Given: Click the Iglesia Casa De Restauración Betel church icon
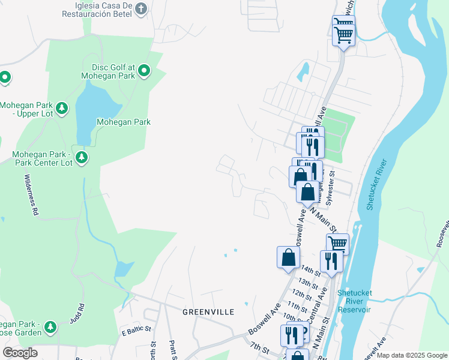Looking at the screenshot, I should (141, 8).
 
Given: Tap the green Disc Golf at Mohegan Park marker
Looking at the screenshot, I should (144, 72).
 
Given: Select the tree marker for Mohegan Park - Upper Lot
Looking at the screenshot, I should (62, 109).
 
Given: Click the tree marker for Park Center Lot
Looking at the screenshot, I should (82, 158).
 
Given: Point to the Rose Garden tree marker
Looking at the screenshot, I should (50, 328).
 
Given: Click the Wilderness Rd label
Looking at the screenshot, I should (31, 196).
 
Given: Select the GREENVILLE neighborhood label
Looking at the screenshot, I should (208, 313).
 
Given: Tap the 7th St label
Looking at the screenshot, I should (259, 347).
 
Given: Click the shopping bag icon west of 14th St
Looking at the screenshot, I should (288, 257).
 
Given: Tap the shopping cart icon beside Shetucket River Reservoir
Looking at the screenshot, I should (337, 244).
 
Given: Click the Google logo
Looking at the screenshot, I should (20, 353).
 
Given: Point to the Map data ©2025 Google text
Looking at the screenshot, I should (411, 356).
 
